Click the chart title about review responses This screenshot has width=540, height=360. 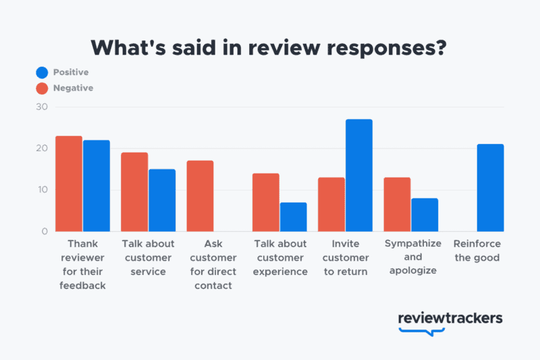[x=270, y=47]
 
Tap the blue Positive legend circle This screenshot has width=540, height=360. [x=42, y=72]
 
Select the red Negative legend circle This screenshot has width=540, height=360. [x=42, y=88]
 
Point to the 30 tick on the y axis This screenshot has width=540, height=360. [x=42, y=107]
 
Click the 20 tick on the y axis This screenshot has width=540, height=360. [x=42, y=149]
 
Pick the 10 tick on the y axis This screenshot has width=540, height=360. [x=42, y=190]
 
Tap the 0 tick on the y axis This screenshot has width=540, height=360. [x=45, y=232]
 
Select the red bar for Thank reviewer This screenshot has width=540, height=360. [x=69, y=184]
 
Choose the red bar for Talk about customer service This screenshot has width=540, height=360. [x=134, y=192]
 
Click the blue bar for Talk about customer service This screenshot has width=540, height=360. [x=162, y=200]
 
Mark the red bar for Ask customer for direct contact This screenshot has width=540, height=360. [x=200, y=196]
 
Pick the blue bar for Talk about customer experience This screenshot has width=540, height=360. [x=293, y=217]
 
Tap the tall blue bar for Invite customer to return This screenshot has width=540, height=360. [x=358, y=176]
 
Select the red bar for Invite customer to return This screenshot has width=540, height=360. [x=331, y=204]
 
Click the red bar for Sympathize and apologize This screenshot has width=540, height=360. [x=397, y=204]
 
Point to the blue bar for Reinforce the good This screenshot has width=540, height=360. [x=490, y=188]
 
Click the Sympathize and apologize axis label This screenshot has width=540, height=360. [x=412, y=257]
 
